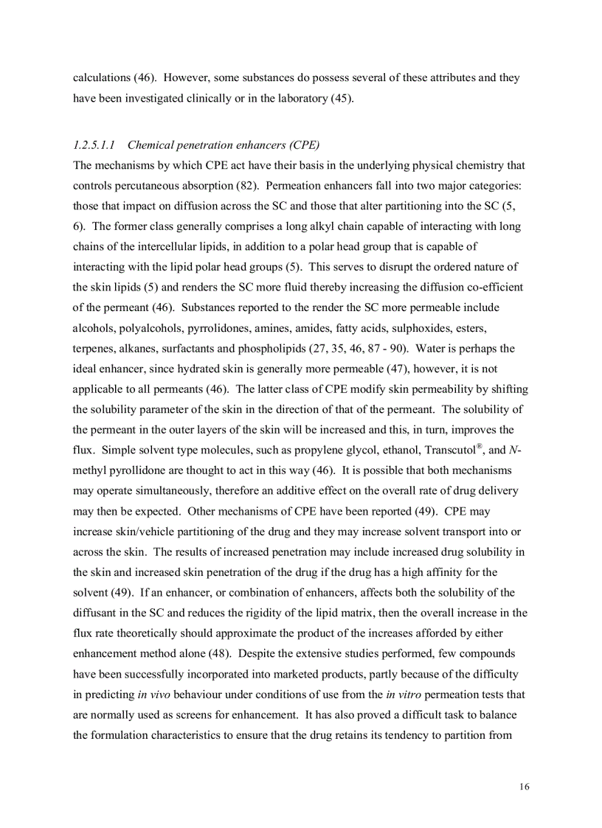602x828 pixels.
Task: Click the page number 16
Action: [524, 787]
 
